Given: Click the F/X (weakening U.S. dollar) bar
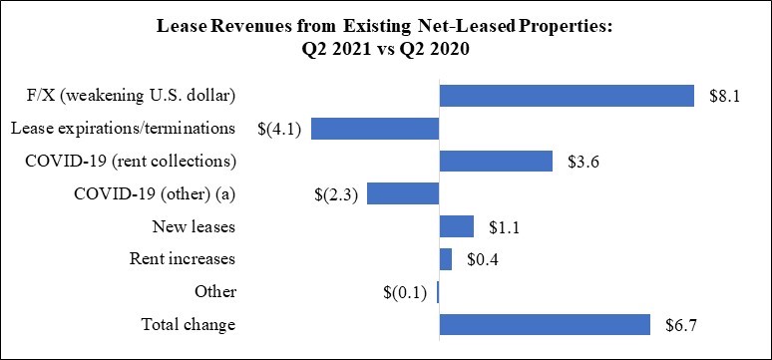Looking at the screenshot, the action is pos(567,96).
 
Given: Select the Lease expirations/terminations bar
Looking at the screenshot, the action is pos(375,129).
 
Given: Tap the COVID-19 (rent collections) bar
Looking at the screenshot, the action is pos(496,161).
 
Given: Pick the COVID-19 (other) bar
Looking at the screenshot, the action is pos(403,193).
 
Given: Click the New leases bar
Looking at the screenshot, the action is pos(457,226).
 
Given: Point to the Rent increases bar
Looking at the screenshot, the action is pos(446,259).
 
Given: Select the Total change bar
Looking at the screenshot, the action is pos(545,324).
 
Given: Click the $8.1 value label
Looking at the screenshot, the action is pos(725,96).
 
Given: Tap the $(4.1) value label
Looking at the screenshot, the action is pos(279,129).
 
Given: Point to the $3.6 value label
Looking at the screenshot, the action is pos(582,162).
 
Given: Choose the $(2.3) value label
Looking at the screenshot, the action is pos(336,194).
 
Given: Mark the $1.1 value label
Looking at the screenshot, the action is pos(504,227).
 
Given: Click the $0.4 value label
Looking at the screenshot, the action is pos(483,259).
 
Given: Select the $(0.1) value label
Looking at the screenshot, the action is pos(405,292).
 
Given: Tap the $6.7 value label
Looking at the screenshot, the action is pos(681,325).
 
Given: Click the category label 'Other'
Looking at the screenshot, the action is pos(215,292).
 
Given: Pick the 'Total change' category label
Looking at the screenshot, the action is pos(189,325).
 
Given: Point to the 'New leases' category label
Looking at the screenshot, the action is pos(193,227).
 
